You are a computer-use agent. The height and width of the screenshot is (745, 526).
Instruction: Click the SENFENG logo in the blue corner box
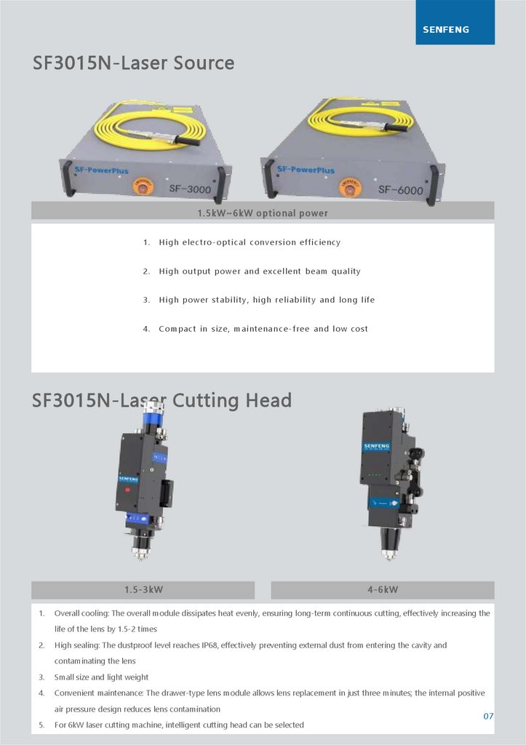point(446,29)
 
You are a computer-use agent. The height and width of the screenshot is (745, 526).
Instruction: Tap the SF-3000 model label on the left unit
point(190,188)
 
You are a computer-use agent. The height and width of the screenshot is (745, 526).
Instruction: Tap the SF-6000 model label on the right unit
point(401,190)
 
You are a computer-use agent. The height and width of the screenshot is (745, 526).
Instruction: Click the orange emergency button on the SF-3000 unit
point(143,186)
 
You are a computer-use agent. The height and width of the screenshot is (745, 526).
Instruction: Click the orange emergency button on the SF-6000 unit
point(350,187)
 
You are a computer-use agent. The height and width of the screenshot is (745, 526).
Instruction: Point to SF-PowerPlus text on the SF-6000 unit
point(306,169)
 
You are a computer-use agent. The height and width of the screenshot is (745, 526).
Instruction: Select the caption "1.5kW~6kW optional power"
point(263,213)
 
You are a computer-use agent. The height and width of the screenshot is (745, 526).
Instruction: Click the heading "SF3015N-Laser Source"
point(134,63)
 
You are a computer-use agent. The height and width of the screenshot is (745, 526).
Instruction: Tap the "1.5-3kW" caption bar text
point(143,589)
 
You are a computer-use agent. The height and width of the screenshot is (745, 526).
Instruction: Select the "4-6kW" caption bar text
point(383,589)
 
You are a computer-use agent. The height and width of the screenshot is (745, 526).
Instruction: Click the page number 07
point(488,716)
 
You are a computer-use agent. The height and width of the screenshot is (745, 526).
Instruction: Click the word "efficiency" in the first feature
point(320,242)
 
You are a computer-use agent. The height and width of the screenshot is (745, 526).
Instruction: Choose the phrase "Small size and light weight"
point(101,677)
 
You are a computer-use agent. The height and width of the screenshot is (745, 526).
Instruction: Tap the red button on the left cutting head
point(127,490)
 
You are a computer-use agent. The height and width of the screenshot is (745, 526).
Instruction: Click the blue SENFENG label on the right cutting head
point(376,447)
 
